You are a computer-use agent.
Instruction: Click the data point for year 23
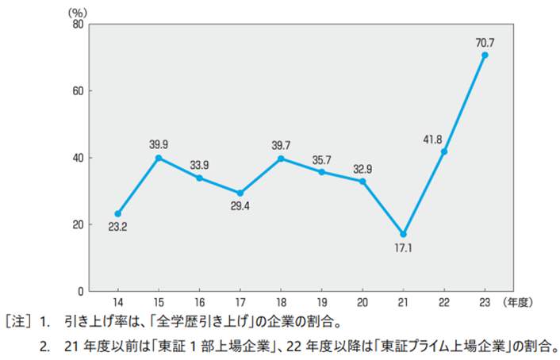(485, 56)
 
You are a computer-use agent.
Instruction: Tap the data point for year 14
(117, 213)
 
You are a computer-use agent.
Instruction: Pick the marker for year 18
(281, 159)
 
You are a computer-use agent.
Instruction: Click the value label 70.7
(485, 41)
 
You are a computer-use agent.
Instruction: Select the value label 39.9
(159, 144)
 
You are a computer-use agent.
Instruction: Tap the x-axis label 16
(199, 303)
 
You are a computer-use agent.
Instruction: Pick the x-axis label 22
(443, 303)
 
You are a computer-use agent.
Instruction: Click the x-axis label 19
(321, 303)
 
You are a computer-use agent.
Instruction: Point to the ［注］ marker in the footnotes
(19, 324)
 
